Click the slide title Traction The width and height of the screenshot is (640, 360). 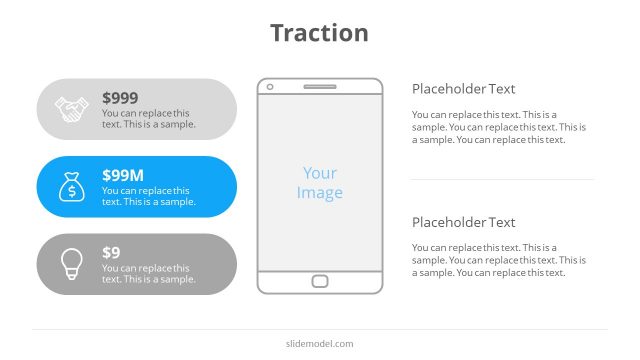tap(319, 33)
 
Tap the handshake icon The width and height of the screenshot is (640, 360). tap(71, 109)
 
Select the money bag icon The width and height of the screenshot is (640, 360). tap(71, 187)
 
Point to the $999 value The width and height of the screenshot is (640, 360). tap(120, 98)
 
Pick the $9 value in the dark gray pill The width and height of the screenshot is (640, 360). tap(111, 253)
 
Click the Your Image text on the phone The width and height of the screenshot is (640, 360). tap(320, 183)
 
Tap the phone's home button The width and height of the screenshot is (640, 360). tap(320, 281)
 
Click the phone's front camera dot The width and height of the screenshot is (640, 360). tap(269, 87)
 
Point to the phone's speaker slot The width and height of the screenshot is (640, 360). tap(320, 87)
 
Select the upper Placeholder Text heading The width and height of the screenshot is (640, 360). tap(463, 89)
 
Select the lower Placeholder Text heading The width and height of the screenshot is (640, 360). tap(463, 222)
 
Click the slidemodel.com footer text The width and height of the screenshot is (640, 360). tap(319, 344)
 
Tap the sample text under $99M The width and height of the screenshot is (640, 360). tap(148, 196)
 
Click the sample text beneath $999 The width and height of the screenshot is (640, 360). tap(148, 119)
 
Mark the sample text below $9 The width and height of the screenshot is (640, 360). tap(148, 273)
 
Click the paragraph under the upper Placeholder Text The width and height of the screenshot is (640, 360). tap(498, 127)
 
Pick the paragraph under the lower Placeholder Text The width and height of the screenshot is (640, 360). tap(498, 260)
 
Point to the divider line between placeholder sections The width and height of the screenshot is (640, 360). tap(501, 180)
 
